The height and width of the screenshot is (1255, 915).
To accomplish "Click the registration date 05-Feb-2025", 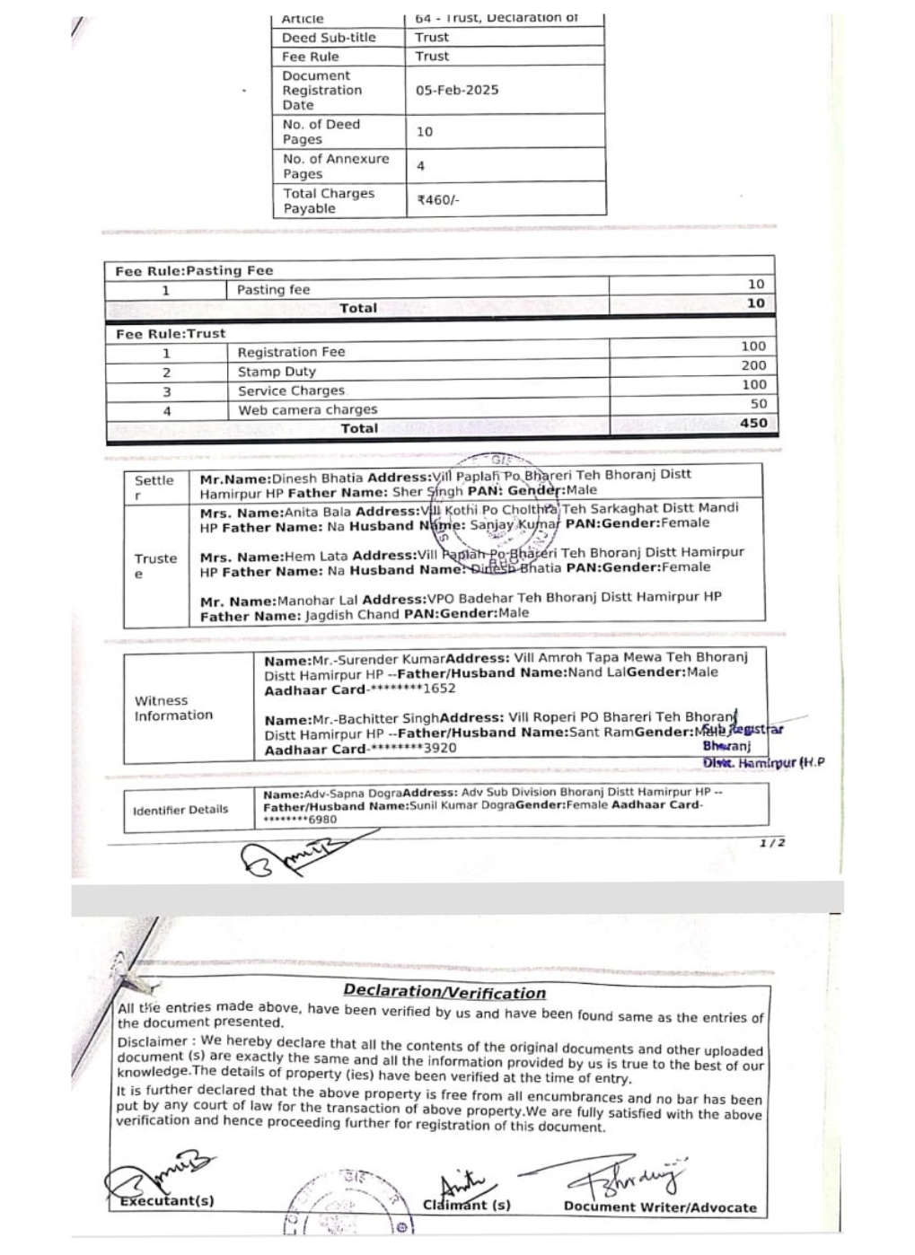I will pos(457,90).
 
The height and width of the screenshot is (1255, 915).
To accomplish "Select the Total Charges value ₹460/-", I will pos(438,200).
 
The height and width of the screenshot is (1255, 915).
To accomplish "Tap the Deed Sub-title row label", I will pos(329,38).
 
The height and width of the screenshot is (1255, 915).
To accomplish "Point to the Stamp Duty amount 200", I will pos(753,365).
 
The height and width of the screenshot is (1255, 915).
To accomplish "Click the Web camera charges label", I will pos(308,410).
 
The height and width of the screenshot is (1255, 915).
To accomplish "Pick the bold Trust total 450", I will pos(753,423).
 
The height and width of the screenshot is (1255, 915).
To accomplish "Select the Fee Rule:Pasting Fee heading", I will pos(194,271).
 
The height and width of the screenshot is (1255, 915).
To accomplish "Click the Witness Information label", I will pos(173,708).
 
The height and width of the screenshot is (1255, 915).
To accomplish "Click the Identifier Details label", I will pos(180,810).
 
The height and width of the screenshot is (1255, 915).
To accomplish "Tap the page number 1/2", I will pos(772,843).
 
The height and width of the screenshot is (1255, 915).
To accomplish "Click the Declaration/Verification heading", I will pos(444,992).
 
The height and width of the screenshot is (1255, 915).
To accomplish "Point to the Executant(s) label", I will pos(167,1200).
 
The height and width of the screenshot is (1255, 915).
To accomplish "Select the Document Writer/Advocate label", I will pos(660,1207).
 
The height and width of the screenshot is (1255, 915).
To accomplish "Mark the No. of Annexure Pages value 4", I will pos(420,166).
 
